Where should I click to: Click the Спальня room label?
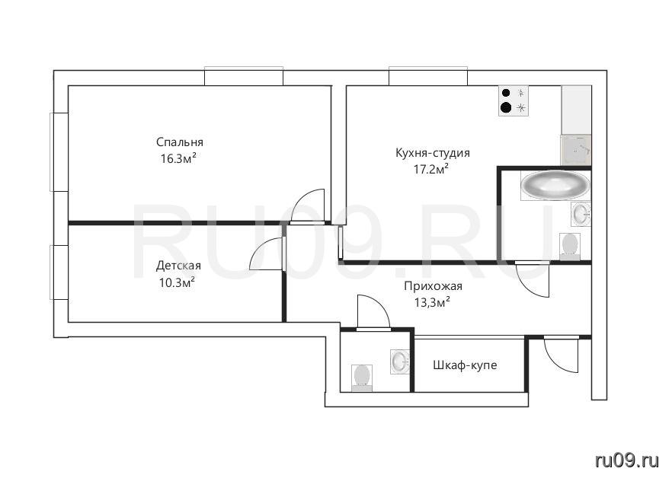180,142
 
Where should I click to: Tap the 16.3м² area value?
179,158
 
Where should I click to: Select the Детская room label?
178,266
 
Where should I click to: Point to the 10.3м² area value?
178,282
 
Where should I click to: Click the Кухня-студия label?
433,153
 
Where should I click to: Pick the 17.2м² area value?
431,169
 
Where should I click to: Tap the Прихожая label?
433,286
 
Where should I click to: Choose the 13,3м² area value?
432,303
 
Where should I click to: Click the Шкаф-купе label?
465,365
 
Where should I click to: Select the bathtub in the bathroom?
555,186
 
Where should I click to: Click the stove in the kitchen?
514,100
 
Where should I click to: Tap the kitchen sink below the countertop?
576,150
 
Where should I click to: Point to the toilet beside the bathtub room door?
570,246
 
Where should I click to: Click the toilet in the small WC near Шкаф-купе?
361,377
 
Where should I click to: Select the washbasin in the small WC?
400,362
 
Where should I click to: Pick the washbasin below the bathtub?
581,214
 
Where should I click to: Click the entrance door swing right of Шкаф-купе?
562,355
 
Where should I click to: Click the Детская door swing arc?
266,253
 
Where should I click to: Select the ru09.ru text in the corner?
627,460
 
